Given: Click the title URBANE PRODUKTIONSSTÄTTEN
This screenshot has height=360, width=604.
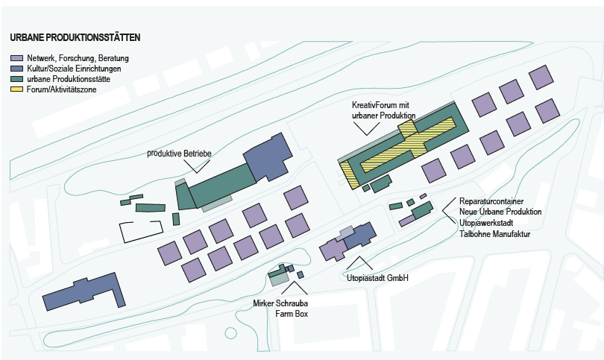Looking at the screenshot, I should coord(75,37).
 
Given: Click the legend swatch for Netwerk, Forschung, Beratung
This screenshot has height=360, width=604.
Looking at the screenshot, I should coord(16,58).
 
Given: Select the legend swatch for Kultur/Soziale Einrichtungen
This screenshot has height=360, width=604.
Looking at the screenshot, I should coord(16,69).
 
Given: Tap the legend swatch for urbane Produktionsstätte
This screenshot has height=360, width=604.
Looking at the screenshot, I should coord(16,79).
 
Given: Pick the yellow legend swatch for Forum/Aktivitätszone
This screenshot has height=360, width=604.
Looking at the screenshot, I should coord(16,89).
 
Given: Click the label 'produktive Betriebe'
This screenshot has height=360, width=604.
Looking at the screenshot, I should coord(180,153).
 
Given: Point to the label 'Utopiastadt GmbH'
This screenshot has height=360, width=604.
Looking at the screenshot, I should coord(375,279).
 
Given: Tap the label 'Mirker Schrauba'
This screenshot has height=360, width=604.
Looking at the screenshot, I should coord(280,303).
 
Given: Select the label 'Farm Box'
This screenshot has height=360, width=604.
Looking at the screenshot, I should coord(280,314).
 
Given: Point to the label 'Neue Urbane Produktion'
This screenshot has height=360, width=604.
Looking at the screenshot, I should coord(500,212).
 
